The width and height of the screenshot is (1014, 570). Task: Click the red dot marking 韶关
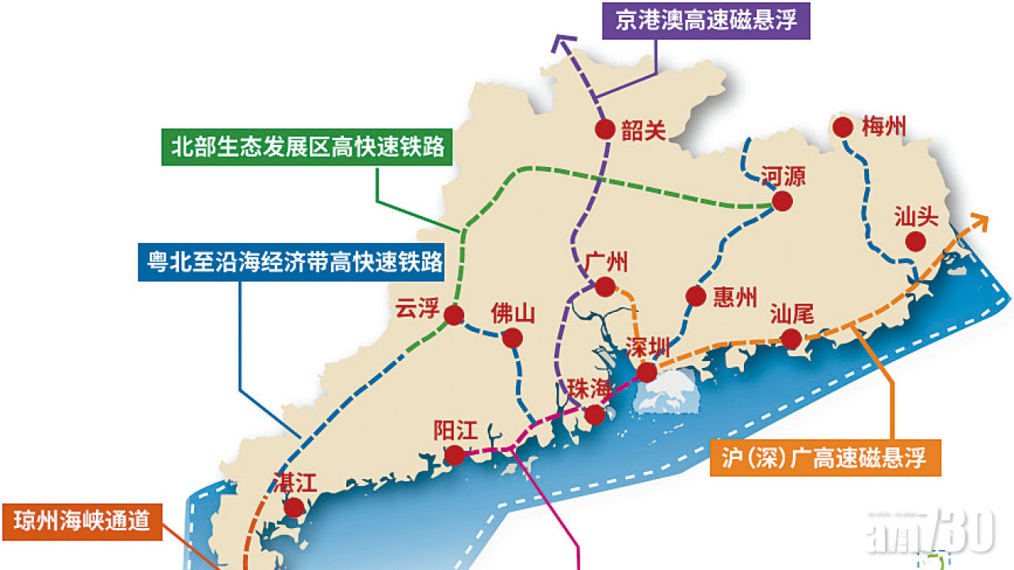604,130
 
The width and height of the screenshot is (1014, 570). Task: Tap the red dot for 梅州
842,127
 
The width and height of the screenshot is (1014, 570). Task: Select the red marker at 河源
782,201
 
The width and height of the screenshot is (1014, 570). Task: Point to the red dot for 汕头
916,241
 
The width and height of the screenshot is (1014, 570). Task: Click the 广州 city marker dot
605,286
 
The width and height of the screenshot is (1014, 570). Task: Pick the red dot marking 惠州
696,296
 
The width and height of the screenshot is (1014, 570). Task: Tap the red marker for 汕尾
791,339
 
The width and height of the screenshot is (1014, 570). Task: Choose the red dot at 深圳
646,371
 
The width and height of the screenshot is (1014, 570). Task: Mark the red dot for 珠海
594,414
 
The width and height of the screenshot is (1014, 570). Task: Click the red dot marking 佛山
513,338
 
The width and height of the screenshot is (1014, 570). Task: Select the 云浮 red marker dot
454,316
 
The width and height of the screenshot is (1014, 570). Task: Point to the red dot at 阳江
454,455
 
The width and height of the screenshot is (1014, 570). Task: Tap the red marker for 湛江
294,507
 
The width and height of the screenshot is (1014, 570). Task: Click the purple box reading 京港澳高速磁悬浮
706,20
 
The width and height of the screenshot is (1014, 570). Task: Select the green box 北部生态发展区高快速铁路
307,147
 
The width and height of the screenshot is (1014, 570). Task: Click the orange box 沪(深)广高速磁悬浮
825,458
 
